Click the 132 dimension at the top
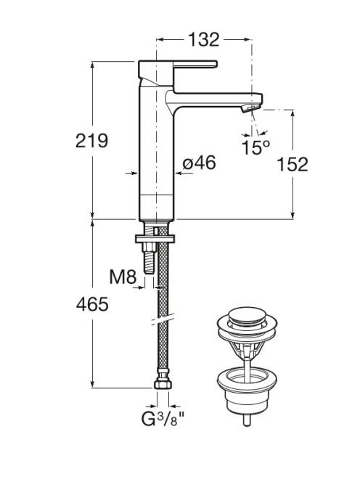tap(203, 40)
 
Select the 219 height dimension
tap(91, 141)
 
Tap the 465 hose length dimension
tap(92, 304)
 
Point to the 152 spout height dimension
tap(292, 164)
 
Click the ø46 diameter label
tap(199, 163)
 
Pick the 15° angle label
tap(255, 147)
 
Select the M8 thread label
tap(123, 277)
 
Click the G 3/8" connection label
tap(163, 418)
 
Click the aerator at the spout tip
tap(250, 108)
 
